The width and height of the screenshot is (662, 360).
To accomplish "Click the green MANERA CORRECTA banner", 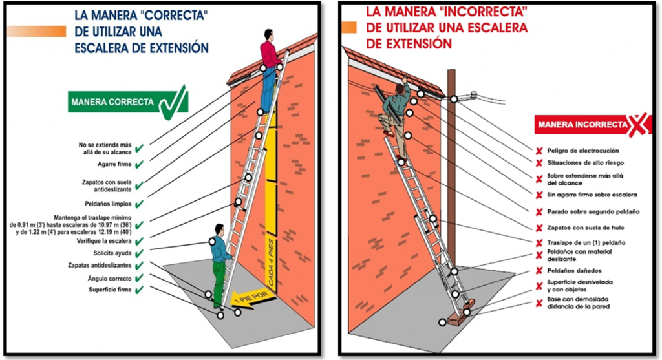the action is (x=127, y=102).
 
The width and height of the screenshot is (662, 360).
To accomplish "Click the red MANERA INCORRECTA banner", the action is (x=591, y=125).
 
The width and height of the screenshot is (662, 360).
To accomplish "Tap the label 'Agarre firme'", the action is (x=114, y=164).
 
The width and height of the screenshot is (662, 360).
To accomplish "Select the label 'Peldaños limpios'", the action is (x=108, y=204).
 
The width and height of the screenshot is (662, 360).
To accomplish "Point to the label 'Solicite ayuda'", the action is (x=112, y=253).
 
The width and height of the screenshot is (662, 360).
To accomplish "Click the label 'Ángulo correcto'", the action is (x=110, y=279).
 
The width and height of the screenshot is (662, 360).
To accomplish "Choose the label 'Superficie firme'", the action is (x=110, y=290).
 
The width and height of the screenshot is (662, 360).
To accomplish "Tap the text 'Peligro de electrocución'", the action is (x=583, y=151).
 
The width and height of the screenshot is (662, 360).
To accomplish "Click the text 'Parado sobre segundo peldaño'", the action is (x=593, y=211).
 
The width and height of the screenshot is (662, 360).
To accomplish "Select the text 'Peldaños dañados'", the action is (x=574, y=271).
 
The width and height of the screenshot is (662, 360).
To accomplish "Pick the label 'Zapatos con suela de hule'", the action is (x=586, y=228).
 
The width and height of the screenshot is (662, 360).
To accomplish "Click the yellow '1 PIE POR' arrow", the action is (x=253, y=299).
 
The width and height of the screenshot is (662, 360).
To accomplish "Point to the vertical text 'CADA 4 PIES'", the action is (x=271, y=262).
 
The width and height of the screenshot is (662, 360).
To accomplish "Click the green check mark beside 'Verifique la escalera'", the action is (x=139, y=242).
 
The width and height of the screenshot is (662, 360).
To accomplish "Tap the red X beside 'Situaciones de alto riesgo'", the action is (x=539, y=163).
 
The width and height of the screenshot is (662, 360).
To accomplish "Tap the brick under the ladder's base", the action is (x=460, y=312).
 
